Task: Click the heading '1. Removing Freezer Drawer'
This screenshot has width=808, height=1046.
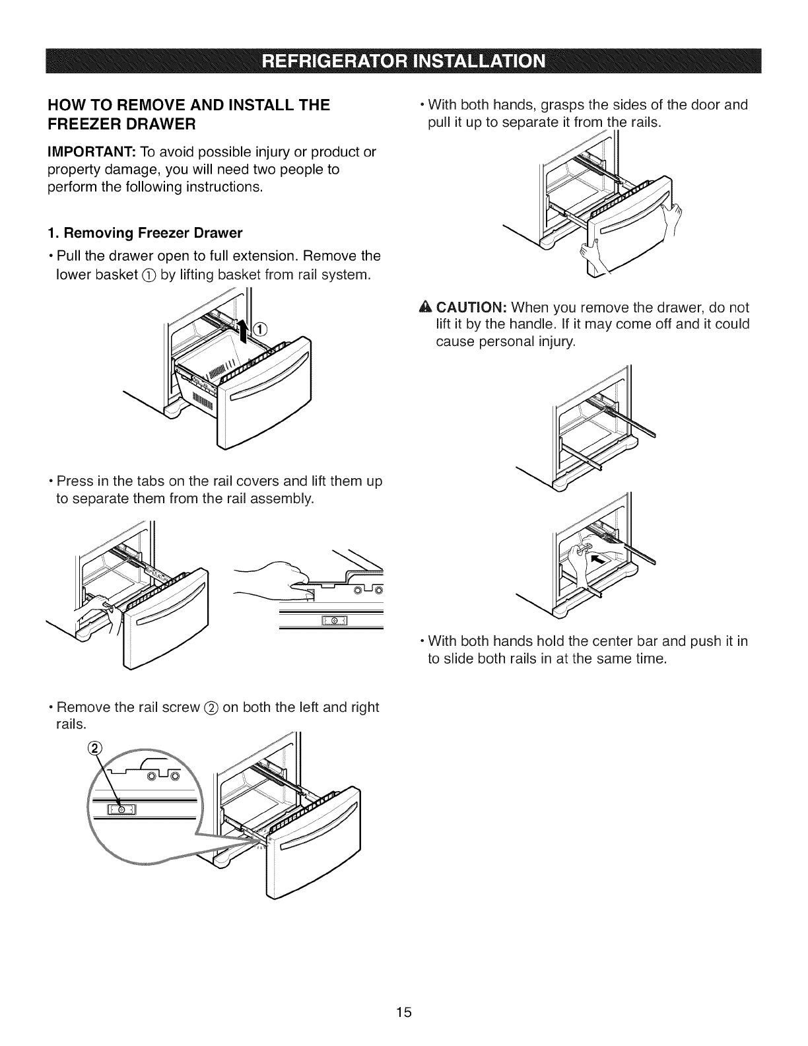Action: (x=145, y=233)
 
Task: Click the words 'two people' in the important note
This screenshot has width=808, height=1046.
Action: (x=306, y=170)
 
